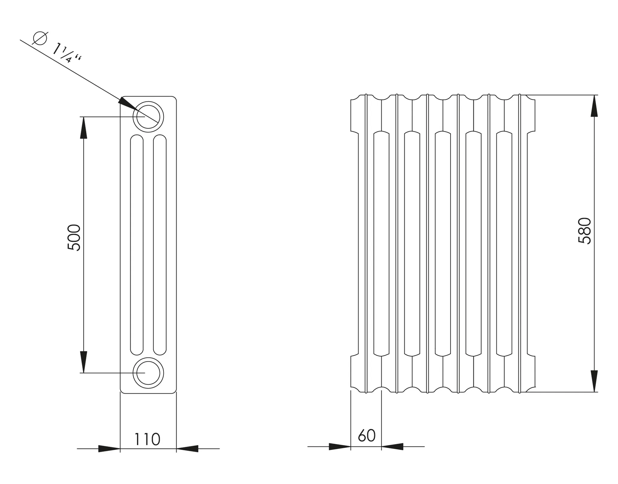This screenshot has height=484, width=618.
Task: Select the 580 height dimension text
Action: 584,231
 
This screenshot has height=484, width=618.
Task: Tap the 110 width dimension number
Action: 147,440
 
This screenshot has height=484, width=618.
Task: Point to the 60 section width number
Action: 367,435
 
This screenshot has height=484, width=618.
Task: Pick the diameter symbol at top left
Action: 40,38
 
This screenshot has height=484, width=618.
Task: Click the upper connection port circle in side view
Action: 148,117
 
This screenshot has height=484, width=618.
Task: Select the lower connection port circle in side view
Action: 148,373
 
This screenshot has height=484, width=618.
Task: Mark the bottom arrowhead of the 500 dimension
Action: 84,362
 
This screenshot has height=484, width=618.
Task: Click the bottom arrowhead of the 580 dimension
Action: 594,381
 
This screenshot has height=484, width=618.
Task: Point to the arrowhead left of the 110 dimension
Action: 109,449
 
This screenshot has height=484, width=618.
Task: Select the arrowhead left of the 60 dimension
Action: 339,447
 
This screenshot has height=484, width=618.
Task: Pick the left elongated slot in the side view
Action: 137,245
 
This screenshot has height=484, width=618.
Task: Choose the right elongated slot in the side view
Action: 160,245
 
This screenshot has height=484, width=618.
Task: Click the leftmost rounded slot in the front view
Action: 381,243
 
